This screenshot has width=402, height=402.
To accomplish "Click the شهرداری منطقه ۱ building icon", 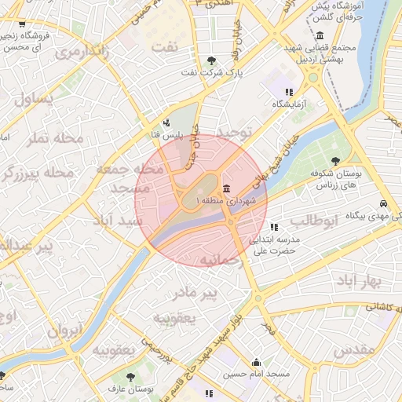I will point(227,188).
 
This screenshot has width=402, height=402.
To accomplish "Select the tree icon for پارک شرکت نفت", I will point(211,60).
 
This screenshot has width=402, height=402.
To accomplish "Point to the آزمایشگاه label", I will point(291,104).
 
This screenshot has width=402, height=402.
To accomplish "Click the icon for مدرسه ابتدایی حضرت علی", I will point(273,227).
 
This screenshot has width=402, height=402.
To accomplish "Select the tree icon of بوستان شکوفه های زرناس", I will point(336,161).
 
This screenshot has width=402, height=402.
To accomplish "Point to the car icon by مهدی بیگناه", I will point(383,201).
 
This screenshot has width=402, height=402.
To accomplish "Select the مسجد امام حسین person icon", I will point(257,362).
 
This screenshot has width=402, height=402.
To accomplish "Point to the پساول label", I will point(34,100).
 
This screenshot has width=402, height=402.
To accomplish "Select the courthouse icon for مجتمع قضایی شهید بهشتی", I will point(320,36).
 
